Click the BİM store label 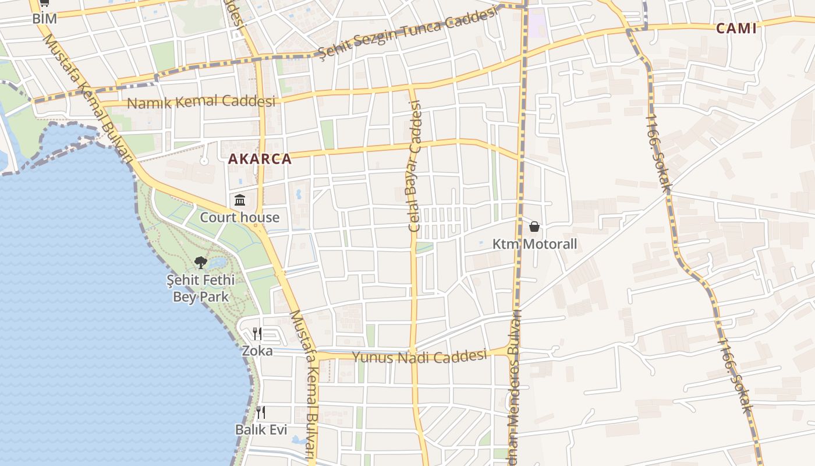coord(44,18)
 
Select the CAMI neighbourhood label coord(736,28)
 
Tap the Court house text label coord(240,217)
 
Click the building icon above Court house coord(240,200)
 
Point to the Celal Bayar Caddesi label coord(415,166)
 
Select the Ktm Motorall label coord(534,243)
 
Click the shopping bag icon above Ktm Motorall coord(534,227)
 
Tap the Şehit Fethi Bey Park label coord(201,288)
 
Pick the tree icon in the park coord(201,263)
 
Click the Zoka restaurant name coord(257,351)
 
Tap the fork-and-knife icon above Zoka coord(257,334)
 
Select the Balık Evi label coord(261,429)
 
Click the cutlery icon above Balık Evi coord(261,412)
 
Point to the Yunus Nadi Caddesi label coord(419,356)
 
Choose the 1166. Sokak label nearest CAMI coord(659,153)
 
